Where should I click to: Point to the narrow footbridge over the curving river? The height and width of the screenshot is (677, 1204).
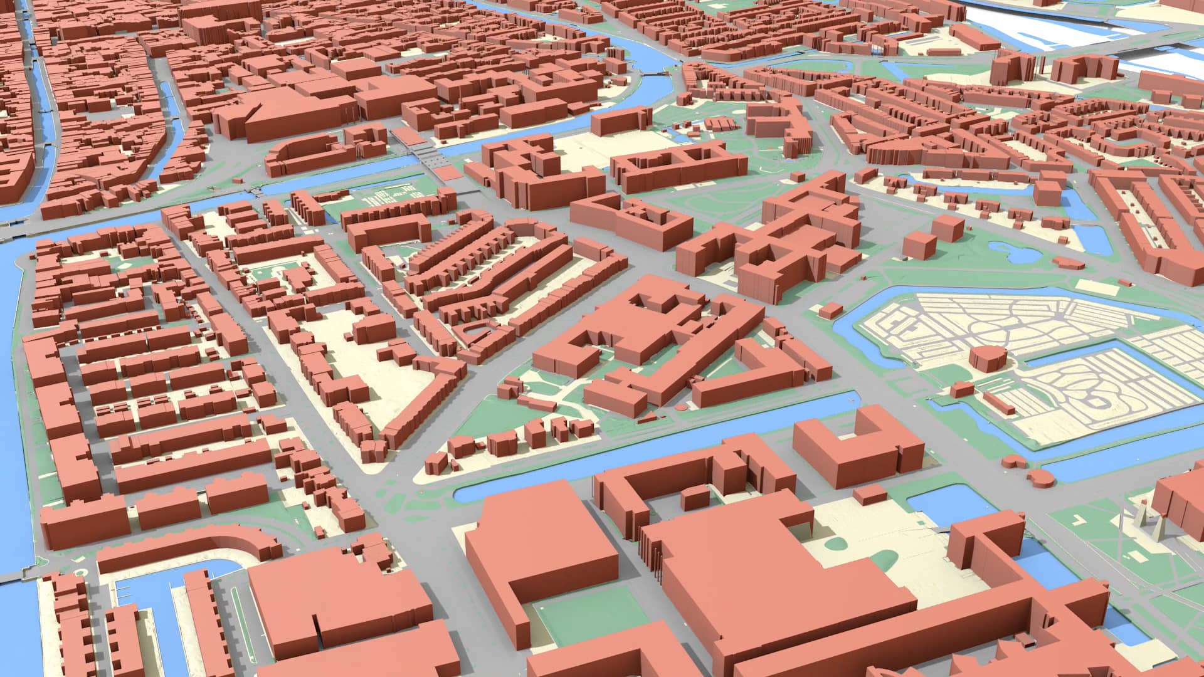click(x=652, y=73)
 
